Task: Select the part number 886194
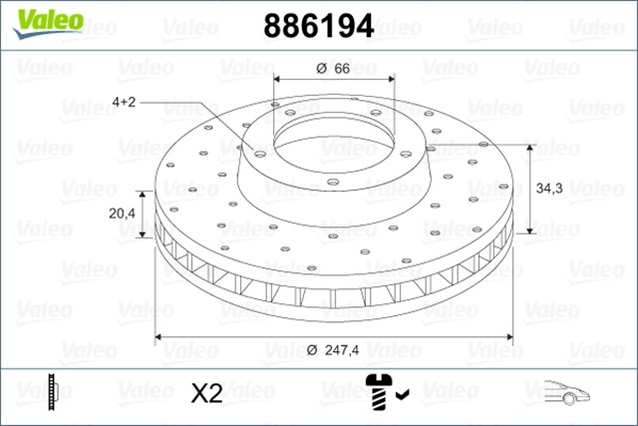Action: (318, 26)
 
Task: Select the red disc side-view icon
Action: (53, 392)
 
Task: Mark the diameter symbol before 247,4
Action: (311, 348)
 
